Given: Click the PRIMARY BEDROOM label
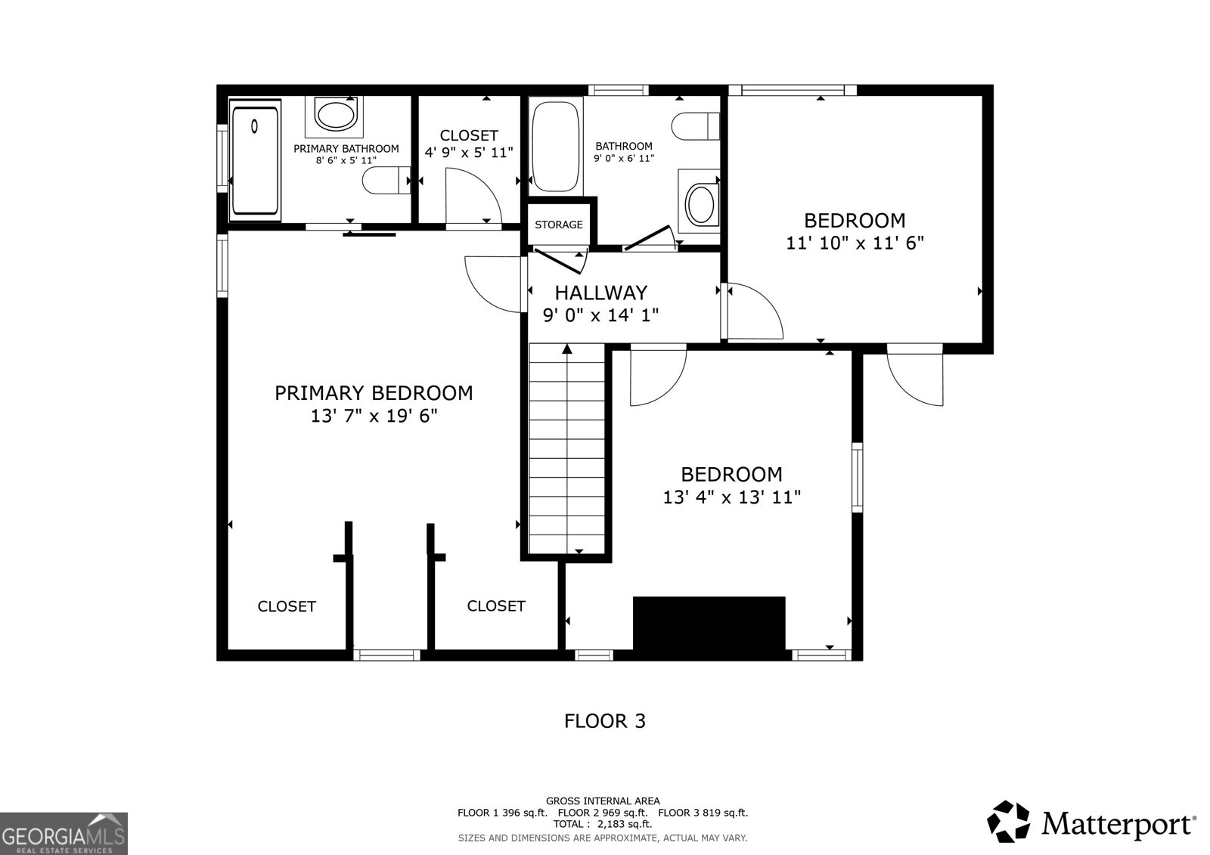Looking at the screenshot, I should [x=374, y=393].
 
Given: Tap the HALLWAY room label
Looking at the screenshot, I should [x=601, y=293].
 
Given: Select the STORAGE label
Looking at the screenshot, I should [x=559, y=225].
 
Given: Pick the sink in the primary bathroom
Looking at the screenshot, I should [x=334, y=116].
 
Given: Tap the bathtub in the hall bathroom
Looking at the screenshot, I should [x=556, y=147].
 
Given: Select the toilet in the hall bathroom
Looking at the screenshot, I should [x=696, y=126].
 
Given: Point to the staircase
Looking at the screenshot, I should [x=566, y=449].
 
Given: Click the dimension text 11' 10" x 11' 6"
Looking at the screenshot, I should [x=855, y=243].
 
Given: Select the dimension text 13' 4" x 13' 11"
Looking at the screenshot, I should [x=731, y=497].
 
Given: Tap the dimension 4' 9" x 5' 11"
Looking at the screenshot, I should [x=469, y=153].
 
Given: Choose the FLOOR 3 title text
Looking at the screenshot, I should [x=605, y=721].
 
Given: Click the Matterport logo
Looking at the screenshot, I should [x=1091, y=822].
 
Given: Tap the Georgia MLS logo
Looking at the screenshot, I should [x=64, y=834].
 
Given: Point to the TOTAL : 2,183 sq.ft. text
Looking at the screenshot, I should [x=603, y=824].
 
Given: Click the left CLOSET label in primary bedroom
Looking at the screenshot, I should [x=287, y=606].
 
